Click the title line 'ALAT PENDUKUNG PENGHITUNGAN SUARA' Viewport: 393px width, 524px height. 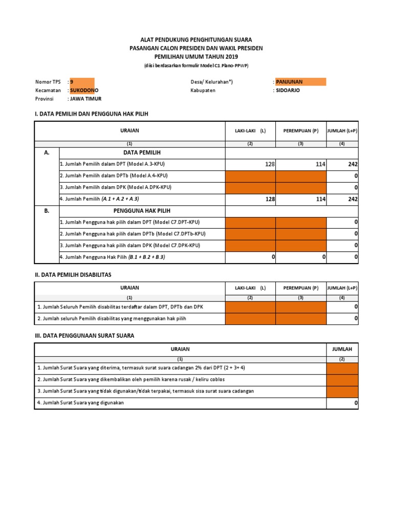[196, 39]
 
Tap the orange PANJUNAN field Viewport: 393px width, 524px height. [300, 82]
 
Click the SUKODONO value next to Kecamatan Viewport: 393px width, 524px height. [84, 90]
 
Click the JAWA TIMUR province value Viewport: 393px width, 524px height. [85, 99]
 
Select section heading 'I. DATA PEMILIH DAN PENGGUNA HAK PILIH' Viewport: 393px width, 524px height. [91, 114]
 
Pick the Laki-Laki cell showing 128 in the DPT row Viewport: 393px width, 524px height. [250, 164]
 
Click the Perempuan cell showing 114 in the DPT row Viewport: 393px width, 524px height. [301, 164]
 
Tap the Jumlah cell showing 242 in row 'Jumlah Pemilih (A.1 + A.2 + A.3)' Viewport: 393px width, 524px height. [343, 199]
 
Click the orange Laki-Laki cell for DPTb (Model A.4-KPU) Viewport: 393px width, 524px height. [250, 176]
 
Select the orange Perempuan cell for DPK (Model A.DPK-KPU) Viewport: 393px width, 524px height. [301, 188]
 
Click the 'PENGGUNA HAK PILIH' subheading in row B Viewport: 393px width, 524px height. [142, 211]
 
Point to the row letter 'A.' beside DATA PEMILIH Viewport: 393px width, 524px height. [47, 152]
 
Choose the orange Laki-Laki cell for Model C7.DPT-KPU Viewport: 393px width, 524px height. [250, 223]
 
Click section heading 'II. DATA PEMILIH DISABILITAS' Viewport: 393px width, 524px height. [72, 275]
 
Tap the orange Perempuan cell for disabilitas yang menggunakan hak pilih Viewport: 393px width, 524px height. [301, 319]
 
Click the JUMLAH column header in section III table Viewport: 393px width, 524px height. [342, 349]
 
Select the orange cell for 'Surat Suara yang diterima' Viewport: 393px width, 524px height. [342, 368]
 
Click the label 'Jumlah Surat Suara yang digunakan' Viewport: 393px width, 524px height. [80, 403]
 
